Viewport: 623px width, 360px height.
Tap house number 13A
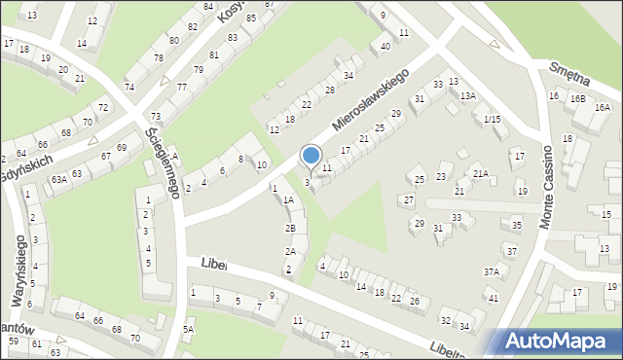tap(468, 95)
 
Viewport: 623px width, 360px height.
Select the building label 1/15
tap(492, 119)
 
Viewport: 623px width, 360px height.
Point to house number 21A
tap(480, 173)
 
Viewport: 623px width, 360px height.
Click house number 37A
tap(492, 272)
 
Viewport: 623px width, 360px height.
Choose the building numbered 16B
tap(578, 98)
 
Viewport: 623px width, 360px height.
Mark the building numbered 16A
tap(603, 107)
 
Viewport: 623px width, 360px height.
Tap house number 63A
tap(59, 179)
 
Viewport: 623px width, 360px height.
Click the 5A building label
tap(189, 330)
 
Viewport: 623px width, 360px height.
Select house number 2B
tap(290, 228)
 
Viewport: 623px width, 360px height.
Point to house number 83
tap(231, 37)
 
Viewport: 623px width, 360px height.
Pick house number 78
tap(159, 58)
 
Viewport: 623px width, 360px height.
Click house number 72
tap(102, 106)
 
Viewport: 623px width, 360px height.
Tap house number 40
tap(385, 46)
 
